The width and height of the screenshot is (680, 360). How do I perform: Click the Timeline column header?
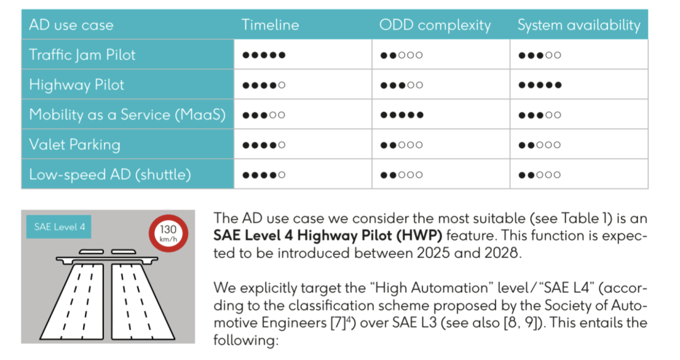269,25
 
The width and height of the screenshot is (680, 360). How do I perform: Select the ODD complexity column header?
435,25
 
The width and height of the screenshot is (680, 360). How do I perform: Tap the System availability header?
579,25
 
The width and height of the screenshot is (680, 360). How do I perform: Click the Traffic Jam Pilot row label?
82,55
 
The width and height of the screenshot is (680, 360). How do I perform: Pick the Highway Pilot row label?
76,84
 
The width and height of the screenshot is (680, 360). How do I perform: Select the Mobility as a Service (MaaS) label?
127,115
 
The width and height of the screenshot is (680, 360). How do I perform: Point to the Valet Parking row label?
74,144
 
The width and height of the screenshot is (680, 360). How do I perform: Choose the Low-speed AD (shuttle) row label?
110,174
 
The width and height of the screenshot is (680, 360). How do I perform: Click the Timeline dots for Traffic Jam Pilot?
264,55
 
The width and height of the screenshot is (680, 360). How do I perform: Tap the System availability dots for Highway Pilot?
540,85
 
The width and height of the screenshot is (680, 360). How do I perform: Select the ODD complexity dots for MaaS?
402,115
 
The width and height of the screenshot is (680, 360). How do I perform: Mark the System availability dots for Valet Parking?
540,145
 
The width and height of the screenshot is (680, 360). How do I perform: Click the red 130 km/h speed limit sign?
168,233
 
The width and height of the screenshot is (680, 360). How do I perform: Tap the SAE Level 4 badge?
59,227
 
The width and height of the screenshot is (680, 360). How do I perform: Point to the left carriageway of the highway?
72,300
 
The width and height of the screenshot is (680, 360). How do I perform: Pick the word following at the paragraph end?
246,340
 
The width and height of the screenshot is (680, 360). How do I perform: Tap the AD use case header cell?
127,25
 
